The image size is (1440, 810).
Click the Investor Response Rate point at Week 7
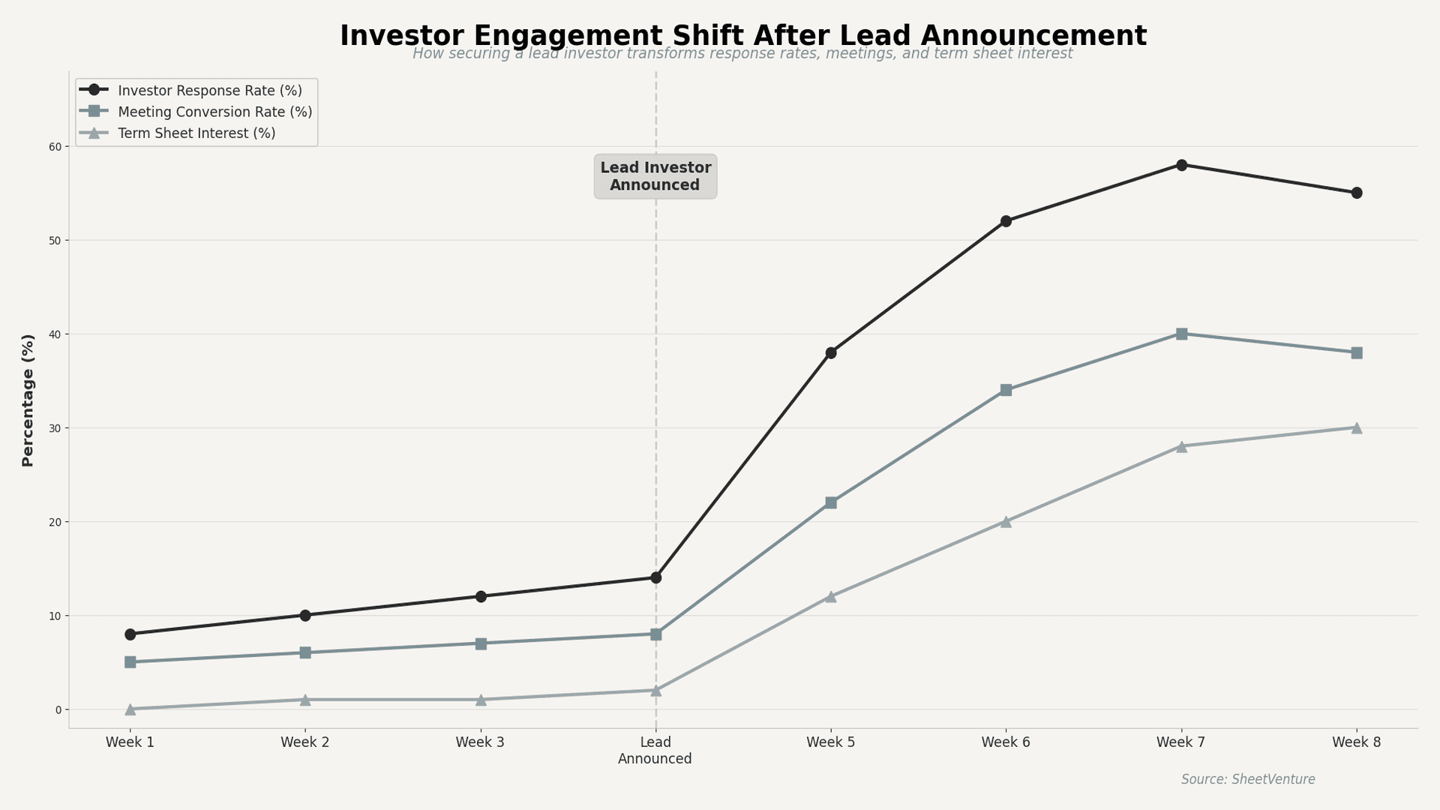[x=1181, y=165]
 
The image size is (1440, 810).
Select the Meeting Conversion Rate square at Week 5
[x=831, y=502]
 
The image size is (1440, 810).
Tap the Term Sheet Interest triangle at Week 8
[x=1356, y=427]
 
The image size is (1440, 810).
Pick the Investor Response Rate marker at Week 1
[x=130, y=634]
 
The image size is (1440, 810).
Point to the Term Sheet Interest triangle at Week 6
[x=1006, y=521]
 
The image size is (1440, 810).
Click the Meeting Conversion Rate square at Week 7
[x=1181, y=334]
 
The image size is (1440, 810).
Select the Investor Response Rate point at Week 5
[x=831, y=352]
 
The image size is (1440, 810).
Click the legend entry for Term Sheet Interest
[x=196, y=133]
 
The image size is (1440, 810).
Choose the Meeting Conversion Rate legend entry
[x=214, y=112]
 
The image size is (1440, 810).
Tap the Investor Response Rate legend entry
[x=209, y=91]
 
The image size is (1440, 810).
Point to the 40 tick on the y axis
[x=55, y=334]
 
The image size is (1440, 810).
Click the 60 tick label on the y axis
[x=55, y=146]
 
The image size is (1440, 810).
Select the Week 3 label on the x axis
[x=480, y=742]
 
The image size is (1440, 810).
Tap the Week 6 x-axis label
[x=1006, y=742]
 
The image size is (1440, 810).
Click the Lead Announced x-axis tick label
[x=655, y=750]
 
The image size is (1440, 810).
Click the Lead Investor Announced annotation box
[x=655, y=176]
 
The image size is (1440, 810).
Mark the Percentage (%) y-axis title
[x=28, y=400]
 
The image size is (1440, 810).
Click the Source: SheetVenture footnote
[x=1248, y=779]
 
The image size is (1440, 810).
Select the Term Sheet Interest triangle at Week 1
[x=130, y=709]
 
